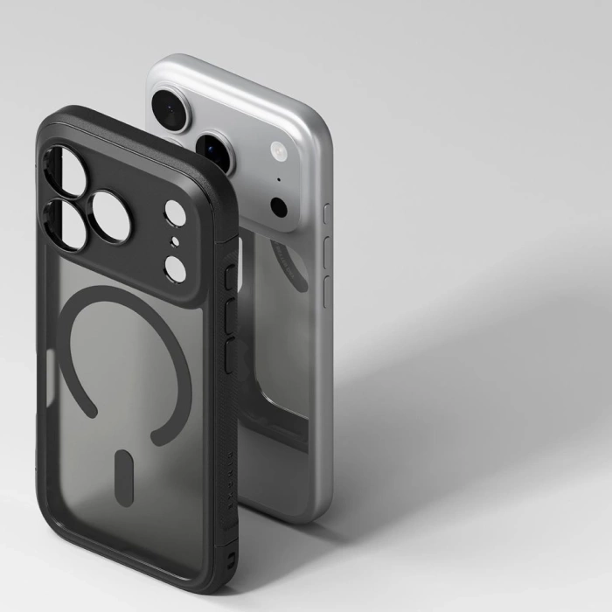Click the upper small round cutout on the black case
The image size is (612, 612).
tap(175, 212)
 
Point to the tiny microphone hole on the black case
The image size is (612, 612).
tap(175, 241)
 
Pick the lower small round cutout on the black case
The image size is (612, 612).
tap(175, 268)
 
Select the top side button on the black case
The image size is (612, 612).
tap(229, 278)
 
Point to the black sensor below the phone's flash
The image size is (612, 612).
tap(279, 207)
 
